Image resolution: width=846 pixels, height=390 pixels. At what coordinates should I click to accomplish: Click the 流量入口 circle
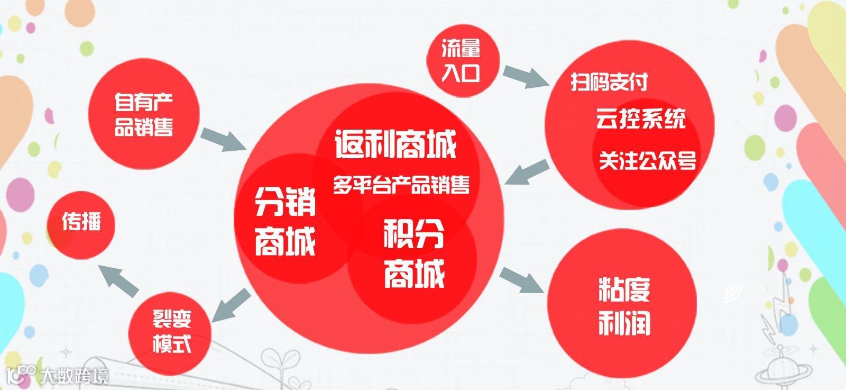(x=461, y=62)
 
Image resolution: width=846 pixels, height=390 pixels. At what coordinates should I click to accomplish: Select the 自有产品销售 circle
(x=144, y=114)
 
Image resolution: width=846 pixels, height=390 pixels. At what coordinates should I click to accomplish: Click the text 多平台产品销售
(x=401, y=185)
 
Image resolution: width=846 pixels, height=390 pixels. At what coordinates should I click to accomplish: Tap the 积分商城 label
(x=414, y=253)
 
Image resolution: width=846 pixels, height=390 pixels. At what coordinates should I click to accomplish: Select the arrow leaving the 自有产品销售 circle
(x=222, y=138)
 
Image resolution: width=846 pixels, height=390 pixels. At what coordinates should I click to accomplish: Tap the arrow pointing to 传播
(x=119, y=280)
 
